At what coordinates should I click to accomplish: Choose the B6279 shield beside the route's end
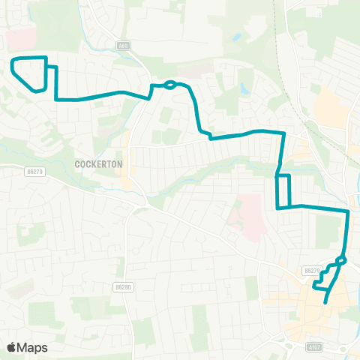click(312, 270)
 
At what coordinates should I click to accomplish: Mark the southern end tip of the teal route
click(325, 302)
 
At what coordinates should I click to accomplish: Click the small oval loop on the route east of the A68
click(170, 84)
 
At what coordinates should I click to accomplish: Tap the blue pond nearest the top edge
click(237, 35)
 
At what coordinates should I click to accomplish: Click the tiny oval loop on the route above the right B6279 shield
click(341, 260)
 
